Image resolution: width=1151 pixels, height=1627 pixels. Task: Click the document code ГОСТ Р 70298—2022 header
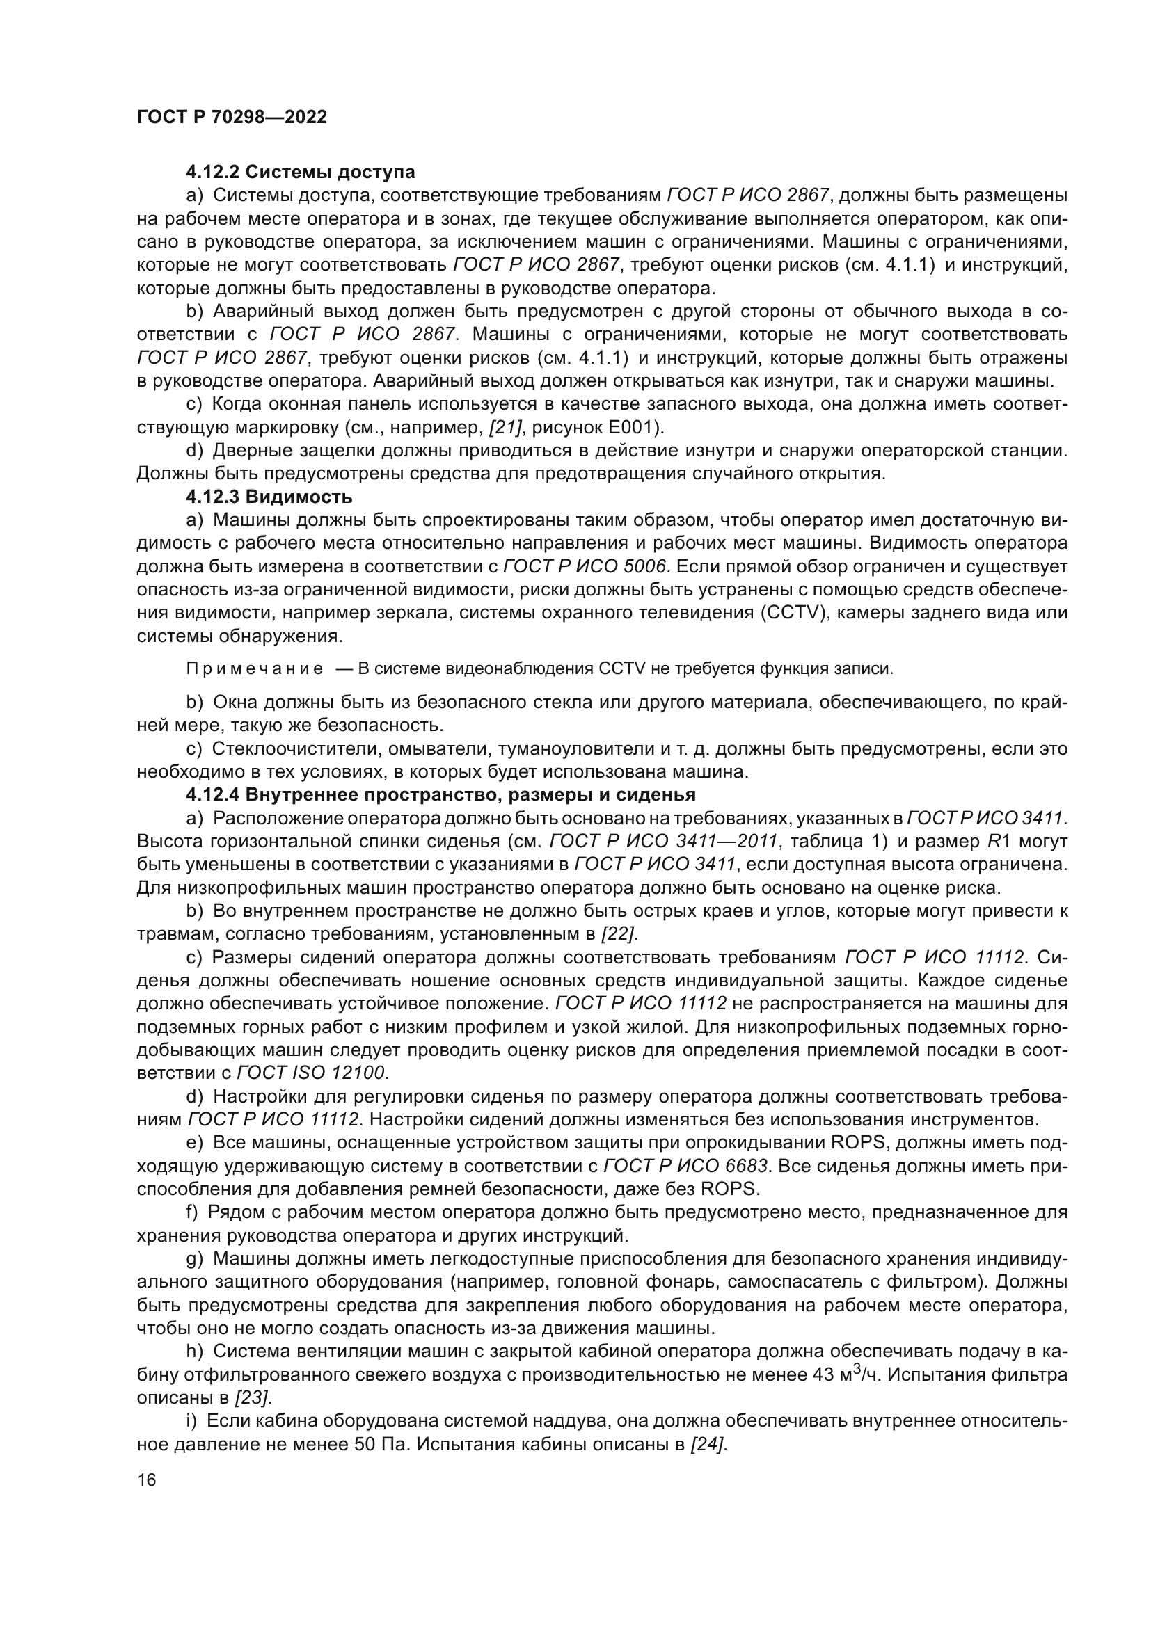click(x=232, y=117)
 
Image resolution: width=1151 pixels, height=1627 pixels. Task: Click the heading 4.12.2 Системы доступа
click(x=301, y=173)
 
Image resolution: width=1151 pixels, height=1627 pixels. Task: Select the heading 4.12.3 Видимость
click(x=269, y=497)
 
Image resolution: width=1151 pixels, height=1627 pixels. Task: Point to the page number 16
click(x=146, y=1480)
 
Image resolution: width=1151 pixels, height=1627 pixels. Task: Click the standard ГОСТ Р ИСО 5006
click(x=585, y=566)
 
